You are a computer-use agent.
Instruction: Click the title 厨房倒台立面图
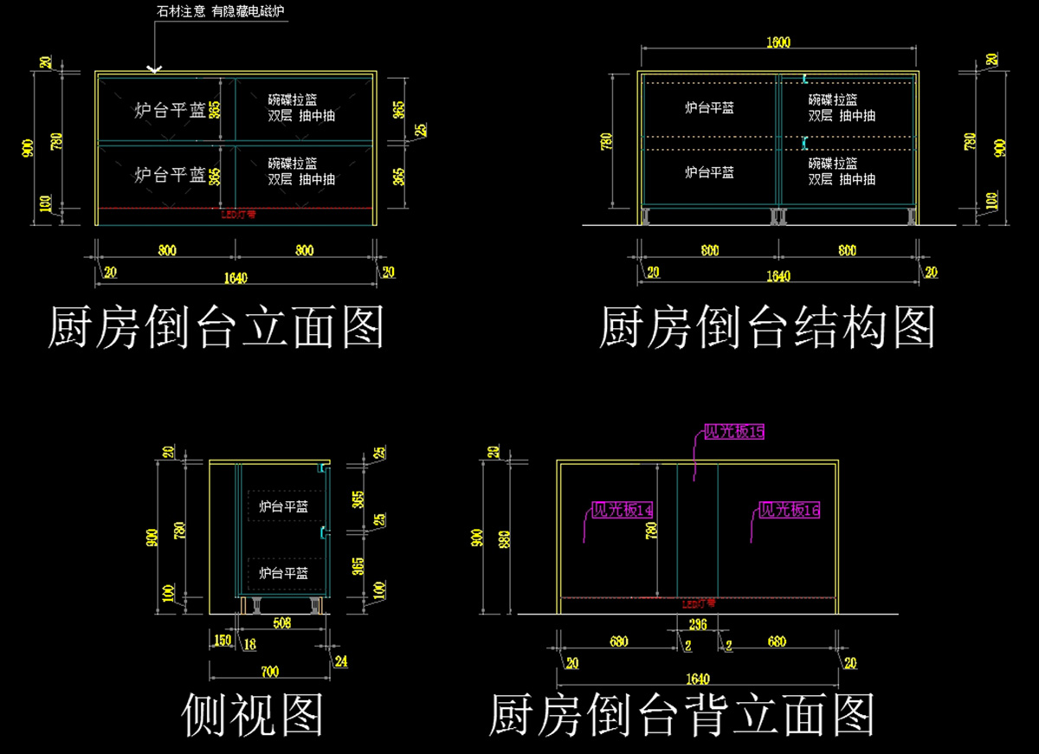216,326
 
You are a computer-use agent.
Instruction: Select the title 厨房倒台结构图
767,326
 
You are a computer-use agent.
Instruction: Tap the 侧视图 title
254,715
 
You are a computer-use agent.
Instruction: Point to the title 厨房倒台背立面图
682,715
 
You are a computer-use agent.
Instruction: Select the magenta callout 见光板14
622,510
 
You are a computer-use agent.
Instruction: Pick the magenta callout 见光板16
789,510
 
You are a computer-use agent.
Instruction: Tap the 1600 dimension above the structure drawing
778,42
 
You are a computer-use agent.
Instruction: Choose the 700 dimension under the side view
269,671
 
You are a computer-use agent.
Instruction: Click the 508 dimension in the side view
281,621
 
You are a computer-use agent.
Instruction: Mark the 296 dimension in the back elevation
697,624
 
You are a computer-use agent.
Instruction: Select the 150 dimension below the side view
222,640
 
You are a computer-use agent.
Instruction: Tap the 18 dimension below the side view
249,642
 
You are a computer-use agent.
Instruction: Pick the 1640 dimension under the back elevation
697,679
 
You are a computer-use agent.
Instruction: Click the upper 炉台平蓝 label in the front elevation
170,110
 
